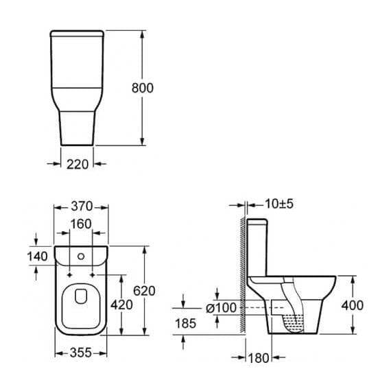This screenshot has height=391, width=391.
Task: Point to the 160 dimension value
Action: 80,224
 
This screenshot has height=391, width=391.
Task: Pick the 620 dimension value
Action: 144,291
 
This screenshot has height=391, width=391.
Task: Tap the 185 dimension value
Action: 185,322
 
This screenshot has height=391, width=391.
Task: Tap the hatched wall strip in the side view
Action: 241,274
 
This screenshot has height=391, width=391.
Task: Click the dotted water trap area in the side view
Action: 294,318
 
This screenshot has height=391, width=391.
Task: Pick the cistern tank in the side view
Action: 259,247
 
